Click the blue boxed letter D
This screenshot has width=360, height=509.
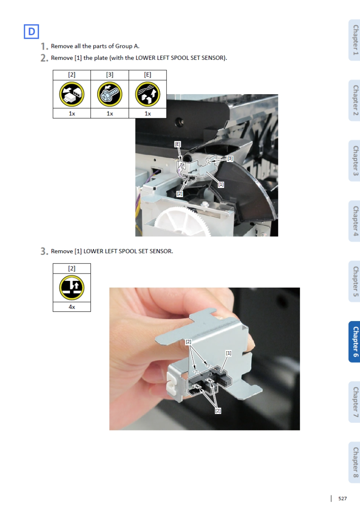click(31, 31)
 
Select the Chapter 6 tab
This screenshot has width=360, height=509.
click(354, 341)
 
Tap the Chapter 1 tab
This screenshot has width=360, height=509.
click(354, 40)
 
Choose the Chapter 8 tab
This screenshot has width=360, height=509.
click(354, 462)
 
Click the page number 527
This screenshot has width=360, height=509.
click(343, 498)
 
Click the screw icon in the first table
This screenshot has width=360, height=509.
click(110, 94)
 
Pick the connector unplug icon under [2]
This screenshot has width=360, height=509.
click(72, 94)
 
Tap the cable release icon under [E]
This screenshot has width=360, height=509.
click(148, 94)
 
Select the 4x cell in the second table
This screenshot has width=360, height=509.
click(72, 307)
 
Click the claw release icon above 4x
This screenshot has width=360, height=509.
click(72, 288)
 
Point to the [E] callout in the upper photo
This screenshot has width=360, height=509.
click(177, 144)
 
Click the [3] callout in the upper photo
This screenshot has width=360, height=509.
click(230, 158)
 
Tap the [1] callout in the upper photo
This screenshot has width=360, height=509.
click(221, 184)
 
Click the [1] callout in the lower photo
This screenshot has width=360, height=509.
click(228, 353)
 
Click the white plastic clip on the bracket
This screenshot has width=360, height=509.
click(172, 382)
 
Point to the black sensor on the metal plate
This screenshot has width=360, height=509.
click(209, 380)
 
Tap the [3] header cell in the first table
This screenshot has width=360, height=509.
click(110, 75)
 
